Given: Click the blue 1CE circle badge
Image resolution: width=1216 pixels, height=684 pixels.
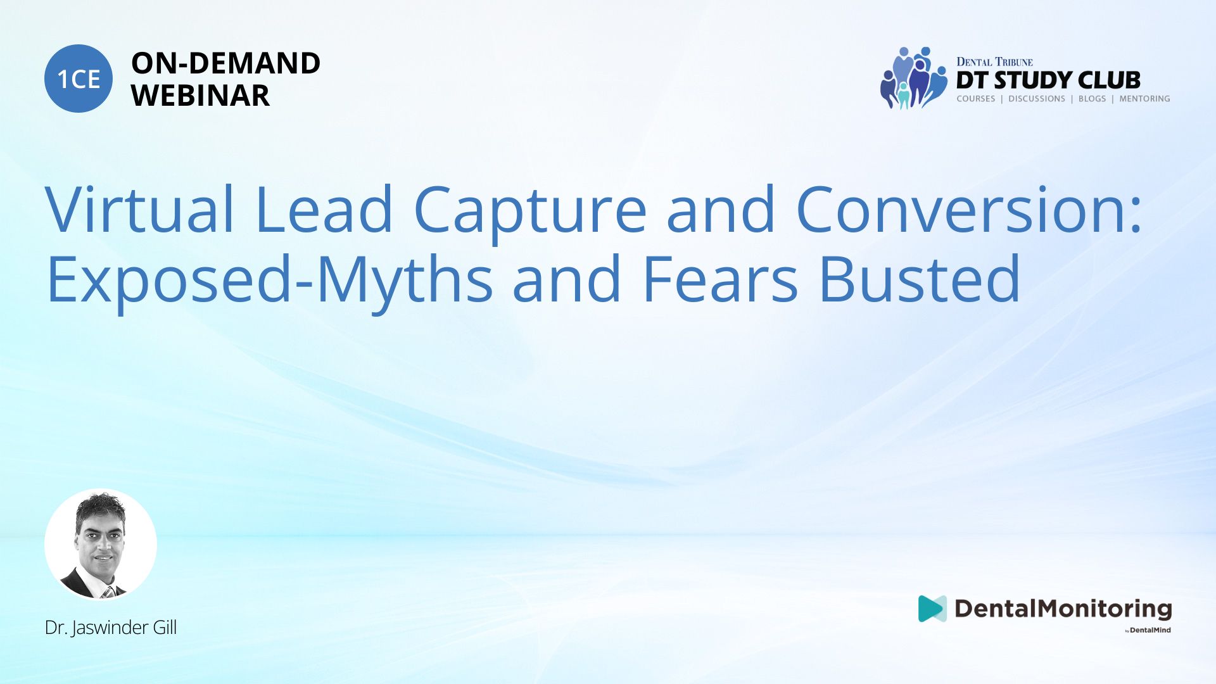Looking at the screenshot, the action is tap(79, 79).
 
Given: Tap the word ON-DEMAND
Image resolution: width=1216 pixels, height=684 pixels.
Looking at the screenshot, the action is tap(225, 63).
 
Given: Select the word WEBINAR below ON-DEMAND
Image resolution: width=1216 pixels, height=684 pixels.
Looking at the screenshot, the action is tap(200, 96).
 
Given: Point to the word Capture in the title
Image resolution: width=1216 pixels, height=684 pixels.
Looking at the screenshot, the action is tap(529, 212).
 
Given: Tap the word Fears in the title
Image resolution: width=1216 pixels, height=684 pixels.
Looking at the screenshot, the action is tap(720, 279).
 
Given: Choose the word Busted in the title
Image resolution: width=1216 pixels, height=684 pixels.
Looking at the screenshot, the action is tap(920, 279).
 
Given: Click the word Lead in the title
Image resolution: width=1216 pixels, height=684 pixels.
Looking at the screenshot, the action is tap(324, 209).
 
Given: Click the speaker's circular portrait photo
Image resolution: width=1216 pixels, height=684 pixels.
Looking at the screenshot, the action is tap(101, 545).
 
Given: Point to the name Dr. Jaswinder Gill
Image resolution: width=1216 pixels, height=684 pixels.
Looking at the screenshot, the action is tap(111, 628).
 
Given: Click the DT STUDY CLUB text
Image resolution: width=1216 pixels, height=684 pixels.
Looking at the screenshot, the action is tap(1048, 80).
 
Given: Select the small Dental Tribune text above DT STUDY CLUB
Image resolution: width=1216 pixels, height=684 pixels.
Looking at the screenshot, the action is tap(994, 62).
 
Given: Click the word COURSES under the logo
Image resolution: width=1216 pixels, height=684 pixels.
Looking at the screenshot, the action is tap(976, 99).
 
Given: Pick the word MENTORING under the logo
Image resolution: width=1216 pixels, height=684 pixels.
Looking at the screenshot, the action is tap(1144, 99).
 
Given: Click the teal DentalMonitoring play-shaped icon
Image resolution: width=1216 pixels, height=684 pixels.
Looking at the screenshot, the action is tap(932, 609).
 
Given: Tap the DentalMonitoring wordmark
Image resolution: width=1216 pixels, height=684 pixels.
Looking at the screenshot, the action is tap(1063, 609).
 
